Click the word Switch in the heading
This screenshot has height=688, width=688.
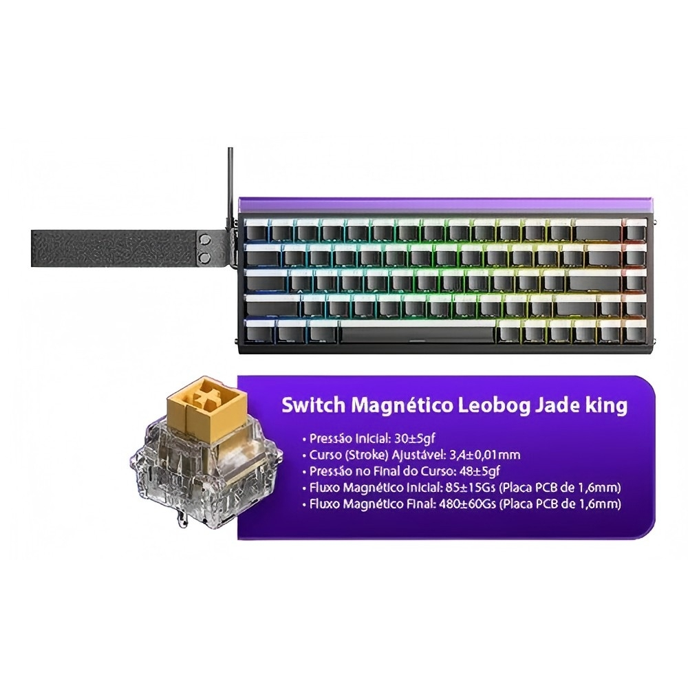[313, 406]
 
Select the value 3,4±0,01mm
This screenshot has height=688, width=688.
[485, 455]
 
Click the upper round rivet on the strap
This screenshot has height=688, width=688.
[204, 239]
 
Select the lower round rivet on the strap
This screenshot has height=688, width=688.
[204, 257]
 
